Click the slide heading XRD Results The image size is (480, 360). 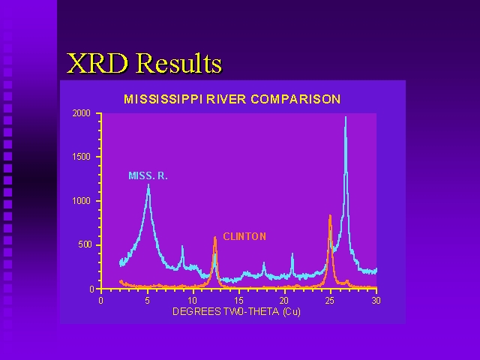click(x=144, y=63)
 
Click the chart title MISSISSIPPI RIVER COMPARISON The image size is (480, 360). click(x=232, y=99)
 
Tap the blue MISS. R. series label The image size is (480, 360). click(x=148, y=175)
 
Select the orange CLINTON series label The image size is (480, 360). click(x=244, y=236)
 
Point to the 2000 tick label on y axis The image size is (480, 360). click(x=82, y=113)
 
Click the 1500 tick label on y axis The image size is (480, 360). click(x=82, y=157)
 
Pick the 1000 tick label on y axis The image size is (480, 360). click(x=82, y=201)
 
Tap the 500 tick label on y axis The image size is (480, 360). click(x=85, y=244)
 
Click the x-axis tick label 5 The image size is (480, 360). click(x=148, y=301)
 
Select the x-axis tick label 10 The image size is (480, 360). click(x=192, y=301)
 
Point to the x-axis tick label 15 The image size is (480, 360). click(x=238, y=301)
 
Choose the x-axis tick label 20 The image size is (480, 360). click(x=284, y=301)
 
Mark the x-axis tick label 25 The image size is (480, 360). click(x=330, y=301)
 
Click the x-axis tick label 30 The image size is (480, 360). click(x=376, y=301)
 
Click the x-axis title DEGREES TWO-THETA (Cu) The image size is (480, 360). click(x=237, y=312)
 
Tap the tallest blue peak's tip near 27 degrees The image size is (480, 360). click(x=346, y=117)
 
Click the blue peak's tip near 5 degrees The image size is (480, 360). click(x=148, y=184)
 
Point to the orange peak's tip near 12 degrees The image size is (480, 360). click(x=215, y=237)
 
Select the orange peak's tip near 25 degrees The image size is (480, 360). click(x=330, y=215)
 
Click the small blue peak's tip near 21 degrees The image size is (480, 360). click(x=292, y=253)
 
